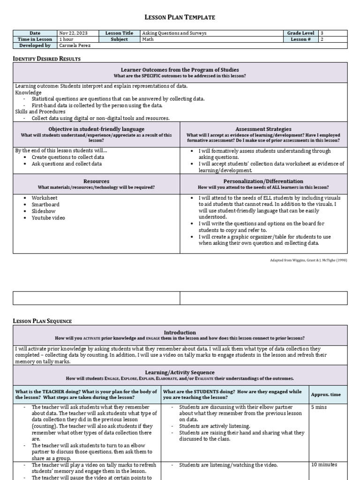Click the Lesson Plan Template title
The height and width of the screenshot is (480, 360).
[180, 17]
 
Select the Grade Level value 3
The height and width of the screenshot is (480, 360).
[322, 33]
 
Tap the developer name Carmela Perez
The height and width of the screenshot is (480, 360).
[75, 45]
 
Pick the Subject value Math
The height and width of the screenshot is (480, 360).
[149, 39]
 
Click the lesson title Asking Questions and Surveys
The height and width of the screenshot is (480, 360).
[175, 33]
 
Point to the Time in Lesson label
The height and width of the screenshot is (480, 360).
[35, 39]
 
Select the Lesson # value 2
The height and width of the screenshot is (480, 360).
[322, 39]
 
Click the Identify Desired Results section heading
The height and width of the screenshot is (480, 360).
[46, 59]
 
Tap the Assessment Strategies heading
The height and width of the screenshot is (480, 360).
[263, 129]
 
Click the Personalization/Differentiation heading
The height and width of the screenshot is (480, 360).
[263, 181]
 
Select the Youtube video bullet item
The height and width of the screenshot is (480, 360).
[48, 217]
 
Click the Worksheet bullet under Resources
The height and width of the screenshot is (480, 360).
[45, 198]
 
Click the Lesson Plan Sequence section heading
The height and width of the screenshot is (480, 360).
[42, 321]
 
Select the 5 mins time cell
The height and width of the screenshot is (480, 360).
[319, 407]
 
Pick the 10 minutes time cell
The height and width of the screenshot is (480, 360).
[324, 465]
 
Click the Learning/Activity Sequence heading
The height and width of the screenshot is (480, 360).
[180, 372]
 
